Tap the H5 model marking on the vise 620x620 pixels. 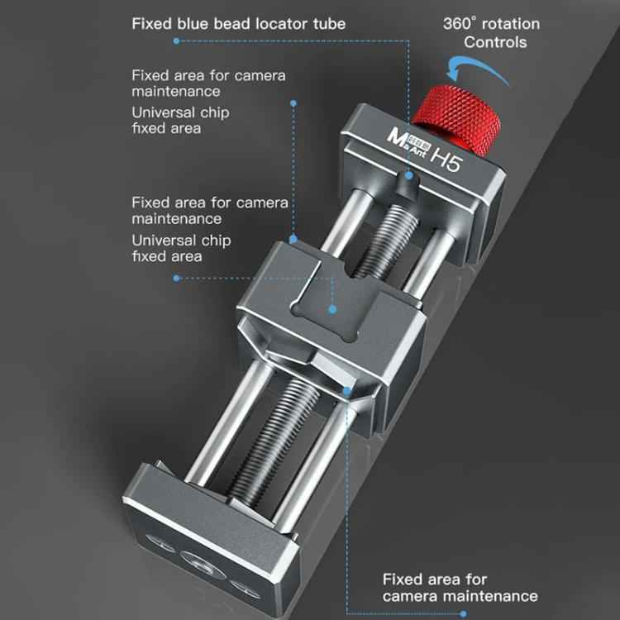(446, 159)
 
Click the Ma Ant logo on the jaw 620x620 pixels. (408, 142)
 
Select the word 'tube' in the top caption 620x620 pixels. (329, 24)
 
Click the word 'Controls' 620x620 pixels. (495, 42)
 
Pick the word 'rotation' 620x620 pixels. (511, 24)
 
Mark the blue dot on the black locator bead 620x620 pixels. (409, 175)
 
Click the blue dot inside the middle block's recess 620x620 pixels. (332, 309)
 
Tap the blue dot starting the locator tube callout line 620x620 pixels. (176, 41)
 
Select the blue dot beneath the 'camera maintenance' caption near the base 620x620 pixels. (463, 614)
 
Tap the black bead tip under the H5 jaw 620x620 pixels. (408, 184)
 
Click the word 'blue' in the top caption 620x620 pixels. (193, 24)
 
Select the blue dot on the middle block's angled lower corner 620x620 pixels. (347, 392)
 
